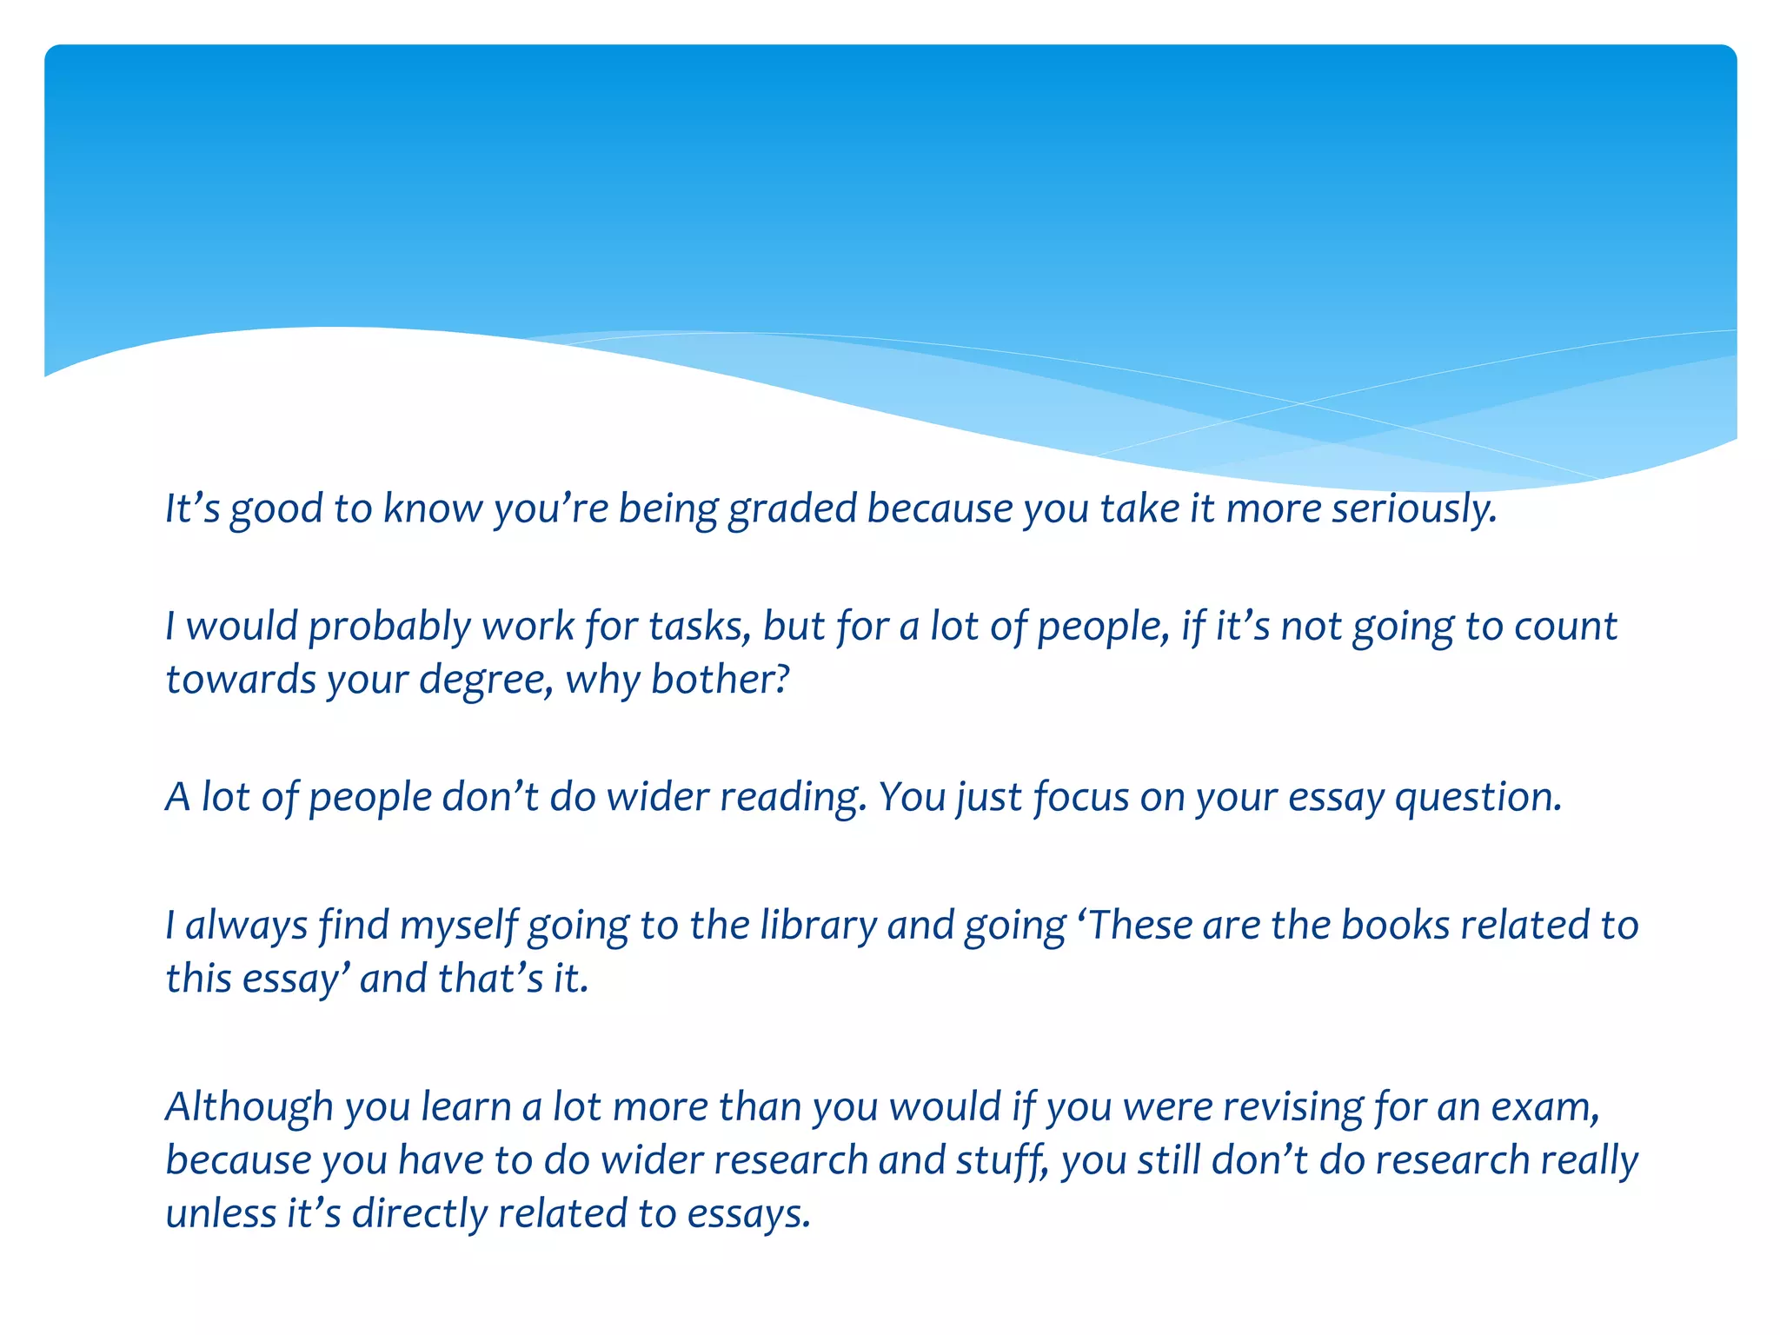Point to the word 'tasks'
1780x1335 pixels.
tap(700, 626)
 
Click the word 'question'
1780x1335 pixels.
tap(1477, 798)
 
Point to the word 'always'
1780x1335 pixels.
tap(246, 926)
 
